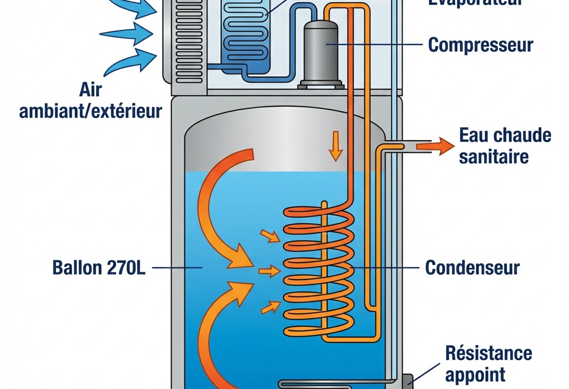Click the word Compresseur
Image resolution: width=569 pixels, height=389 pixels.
pos(481,44)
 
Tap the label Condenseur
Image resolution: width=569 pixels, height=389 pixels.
pos(472,267)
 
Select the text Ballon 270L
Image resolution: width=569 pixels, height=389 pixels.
pos(98,267)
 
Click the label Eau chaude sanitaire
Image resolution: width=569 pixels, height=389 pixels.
pos(505,146)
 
